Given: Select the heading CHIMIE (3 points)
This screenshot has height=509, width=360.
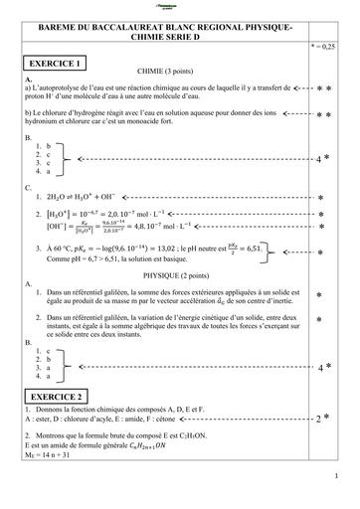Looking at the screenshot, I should [x=165, y=73].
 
